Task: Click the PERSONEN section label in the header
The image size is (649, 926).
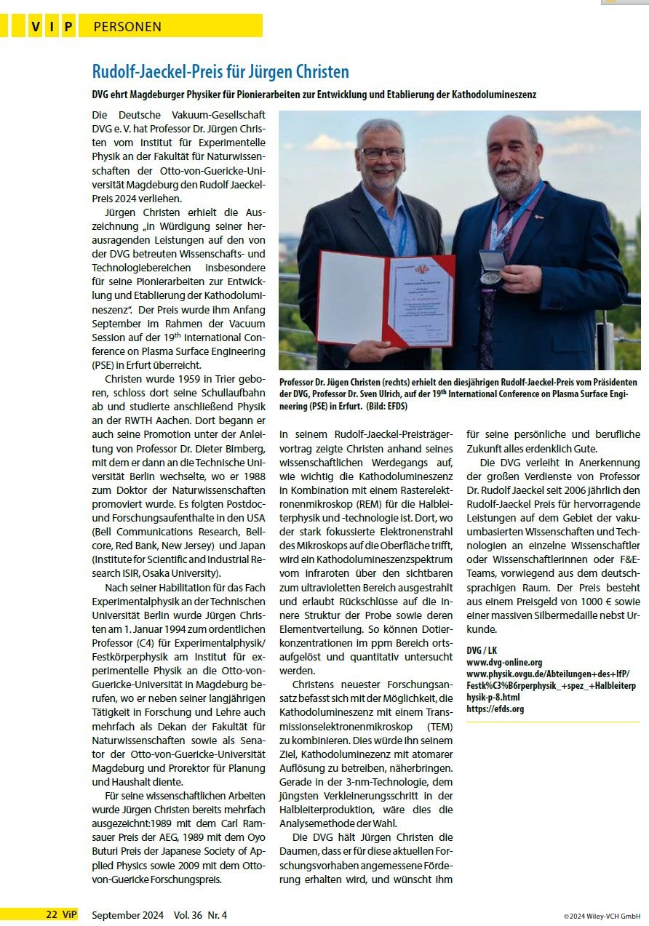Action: coord(128,27)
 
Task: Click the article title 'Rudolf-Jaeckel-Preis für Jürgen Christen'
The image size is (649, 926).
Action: coord(220,72)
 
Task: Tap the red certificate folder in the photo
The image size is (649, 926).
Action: coord(386,298)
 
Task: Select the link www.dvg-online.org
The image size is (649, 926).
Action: coord(504,662)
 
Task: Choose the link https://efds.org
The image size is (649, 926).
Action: coord(495,709)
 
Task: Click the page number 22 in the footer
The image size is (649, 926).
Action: coord(52,914)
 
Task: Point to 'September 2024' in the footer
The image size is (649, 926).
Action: coord(127,915)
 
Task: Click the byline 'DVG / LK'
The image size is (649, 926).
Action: coord(482,650)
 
